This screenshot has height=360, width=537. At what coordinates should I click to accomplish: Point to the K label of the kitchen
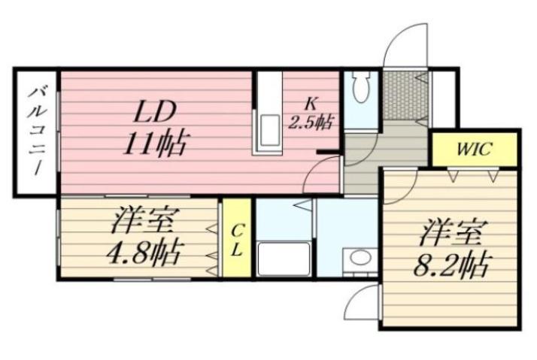(311, 104)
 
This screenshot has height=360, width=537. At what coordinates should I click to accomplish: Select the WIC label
(474, 149)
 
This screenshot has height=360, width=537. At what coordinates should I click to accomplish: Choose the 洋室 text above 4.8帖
(143, 223)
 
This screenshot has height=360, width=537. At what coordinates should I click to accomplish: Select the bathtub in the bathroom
(283, 259)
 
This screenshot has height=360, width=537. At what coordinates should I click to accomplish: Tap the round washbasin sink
(360, 259)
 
